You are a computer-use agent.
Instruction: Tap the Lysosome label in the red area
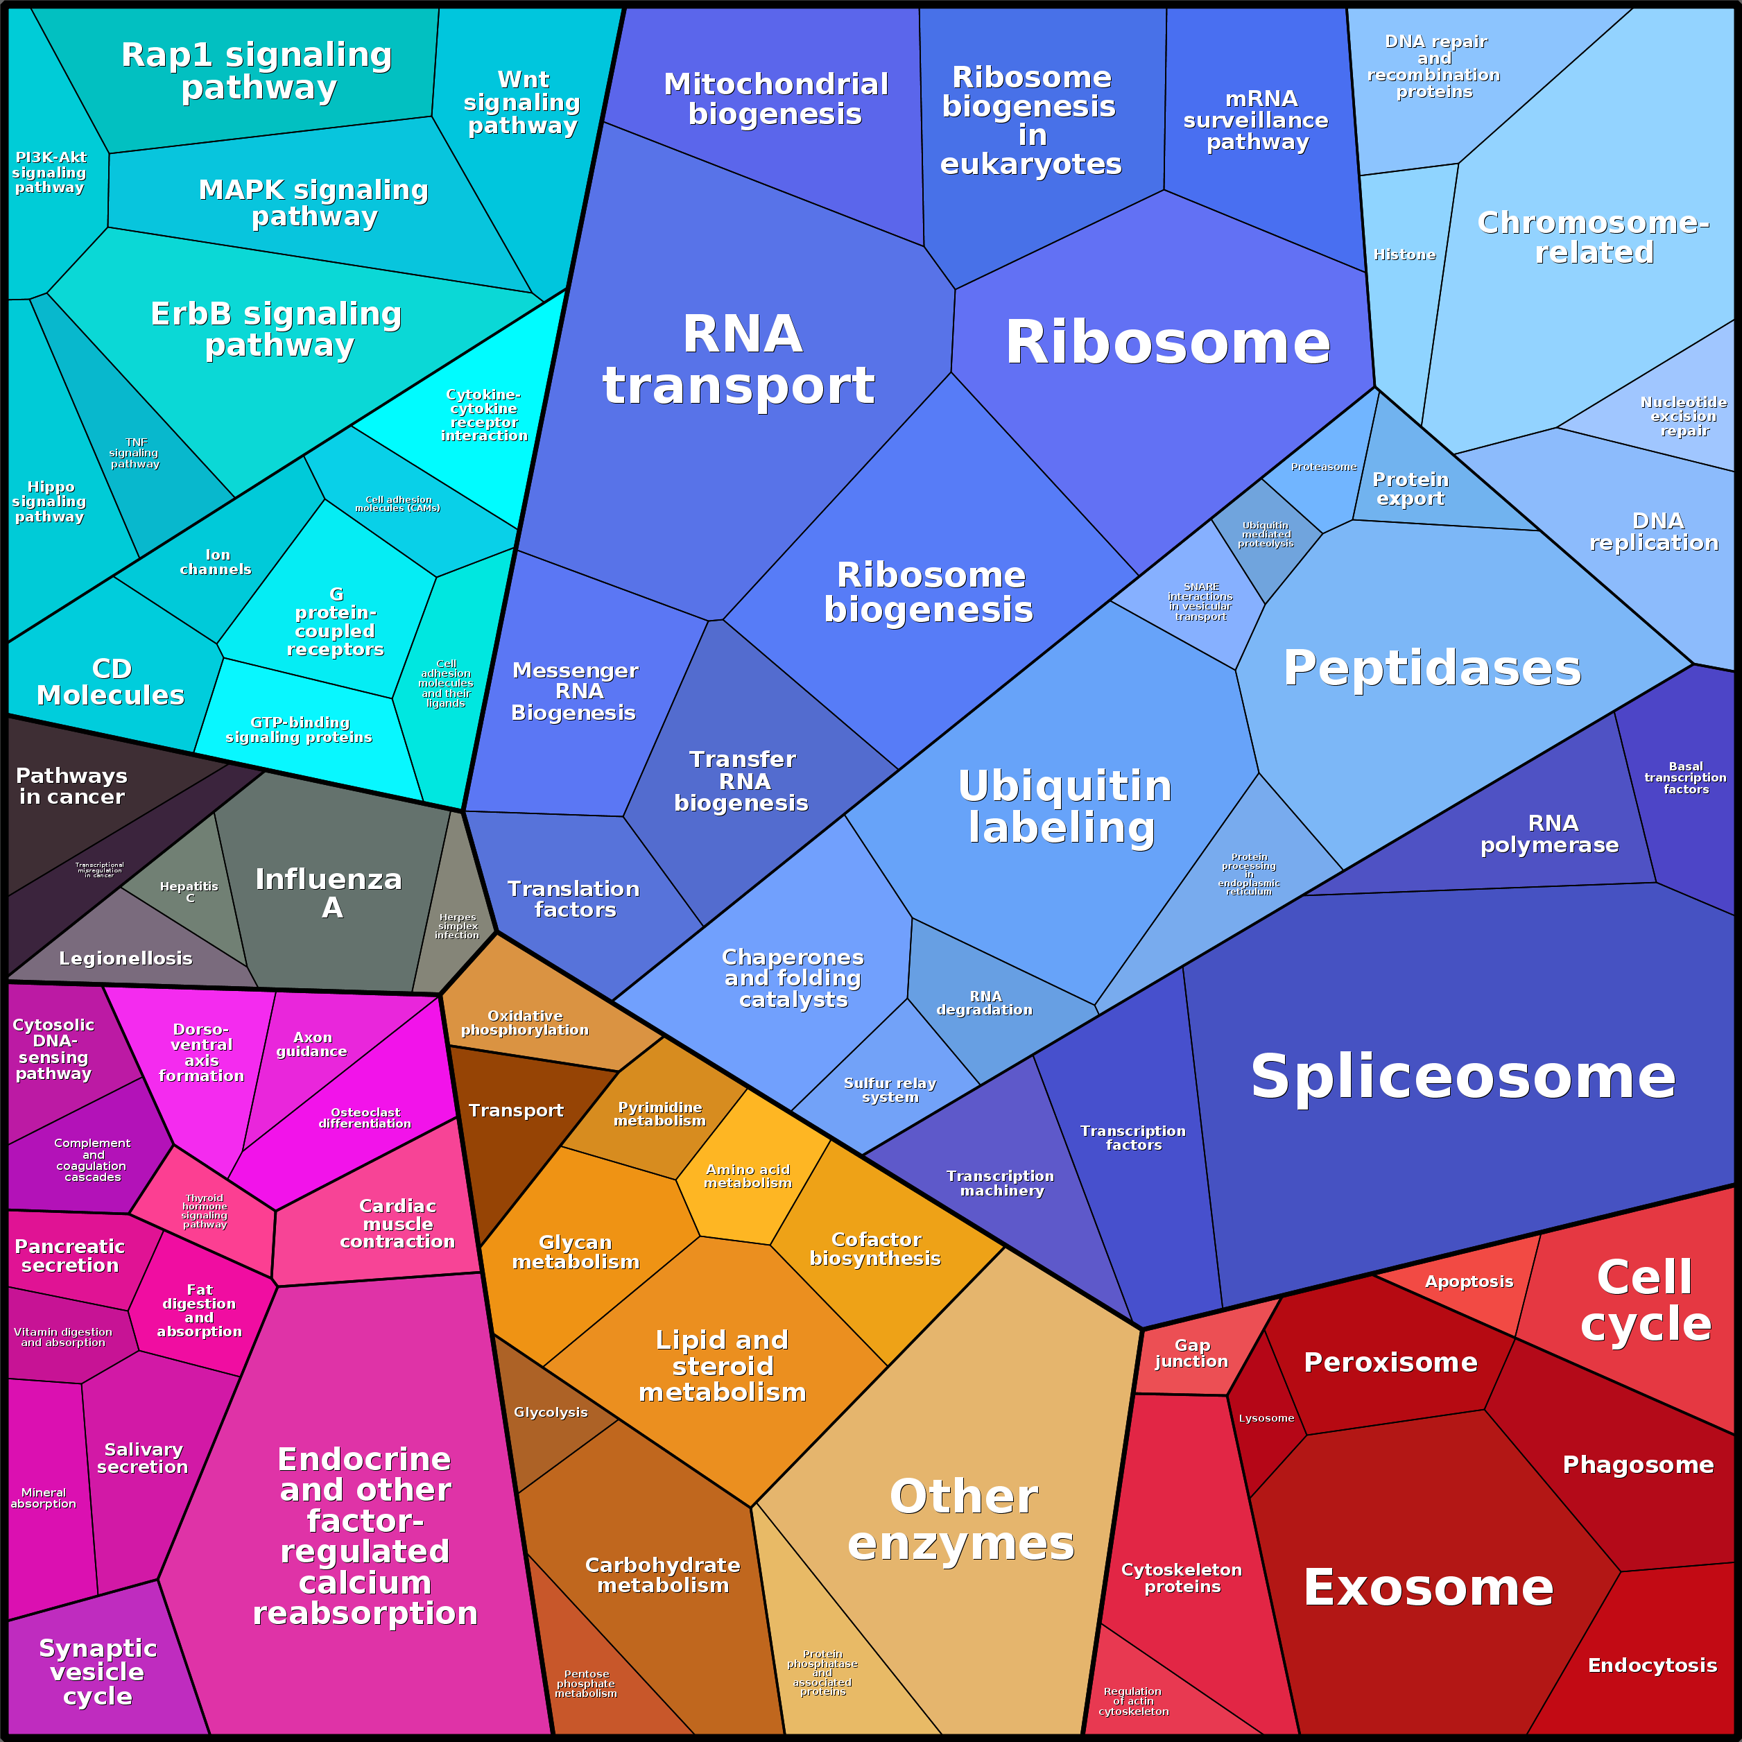coord(1266,1418)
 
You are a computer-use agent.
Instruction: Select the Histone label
coord(1404,255)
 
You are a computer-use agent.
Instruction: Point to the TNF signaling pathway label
coord(135,454)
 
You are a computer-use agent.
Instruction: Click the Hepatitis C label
coord(189,892)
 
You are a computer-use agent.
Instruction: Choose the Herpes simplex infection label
coord(457,926)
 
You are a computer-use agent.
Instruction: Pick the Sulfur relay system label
coord(890,1090)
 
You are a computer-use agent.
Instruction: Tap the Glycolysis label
coord(550,1412)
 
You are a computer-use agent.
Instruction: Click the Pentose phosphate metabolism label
coord(586,1683)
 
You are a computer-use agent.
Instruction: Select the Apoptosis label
coord(1469,1282)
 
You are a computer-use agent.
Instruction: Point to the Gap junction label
coord(1191,1354)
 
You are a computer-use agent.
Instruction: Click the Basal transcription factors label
coord(1685,777)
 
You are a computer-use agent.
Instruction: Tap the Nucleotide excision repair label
coord(1683,417)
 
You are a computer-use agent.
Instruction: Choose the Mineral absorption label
coord(43,1498)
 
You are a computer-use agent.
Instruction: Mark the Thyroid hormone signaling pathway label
coord(205,1211)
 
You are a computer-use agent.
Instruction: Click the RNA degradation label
coord(985,1003)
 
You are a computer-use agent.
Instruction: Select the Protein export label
coord(1411,489)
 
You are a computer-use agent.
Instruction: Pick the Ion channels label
coord(216,562)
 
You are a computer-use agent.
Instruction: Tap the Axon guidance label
coord(312,1044)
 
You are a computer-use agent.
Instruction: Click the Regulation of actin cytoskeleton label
coord(1132,1701)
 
